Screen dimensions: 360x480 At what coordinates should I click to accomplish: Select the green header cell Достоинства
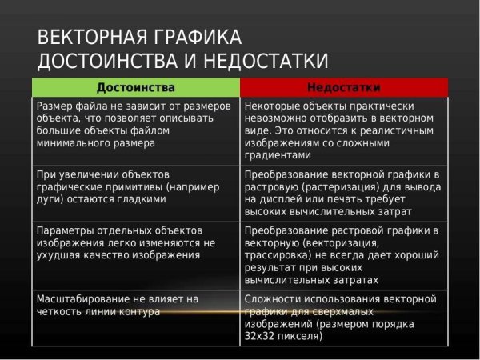click(x=135, y=86)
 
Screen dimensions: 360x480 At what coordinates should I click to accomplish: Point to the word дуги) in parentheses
click(x=51, y=199)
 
